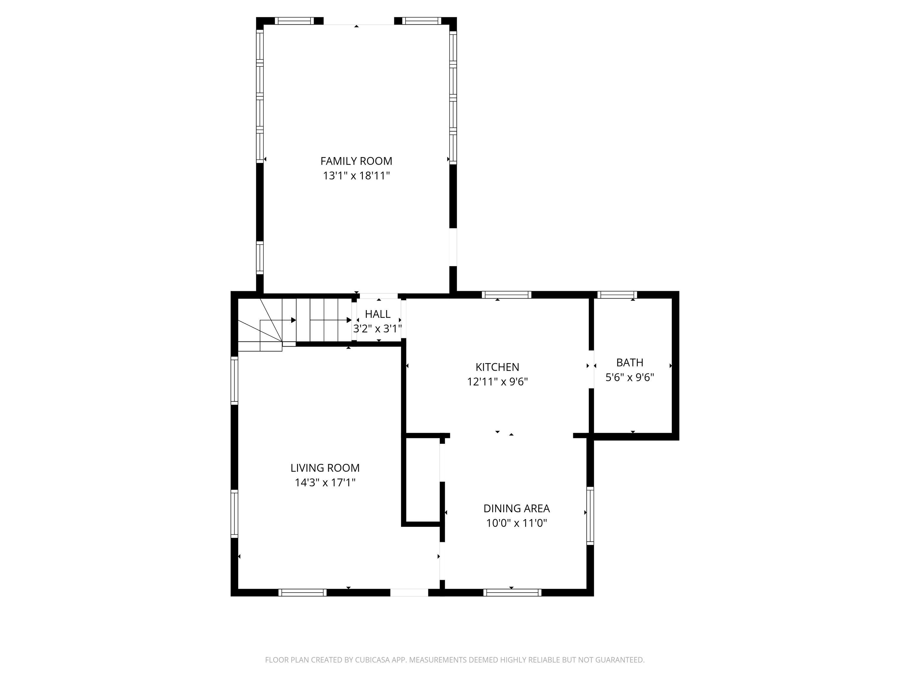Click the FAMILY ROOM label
(356, 161)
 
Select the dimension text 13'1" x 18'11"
(356, 176)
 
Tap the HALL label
(378, 314)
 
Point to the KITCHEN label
(497, 367)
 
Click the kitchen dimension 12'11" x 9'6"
(497, 382)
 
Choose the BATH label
(630, 362)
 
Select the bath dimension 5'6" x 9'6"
(630, 377)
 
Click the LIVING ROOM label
(325, 468)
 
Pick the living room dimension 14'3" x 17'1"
(325, 483)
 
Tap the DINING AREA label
(517, 508)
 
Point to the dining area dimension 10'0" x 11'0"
(517, 523)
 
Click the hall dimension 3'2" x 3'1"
(378, 328)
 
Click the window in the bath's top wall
(617, 295)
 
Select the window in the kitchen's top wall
(507, 295)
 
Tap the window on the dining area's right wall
(590, 516)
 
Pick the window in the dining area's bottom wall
(512, 592)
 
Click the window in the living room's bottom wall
(302, 592)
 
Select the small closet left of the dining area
(423, 480)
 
